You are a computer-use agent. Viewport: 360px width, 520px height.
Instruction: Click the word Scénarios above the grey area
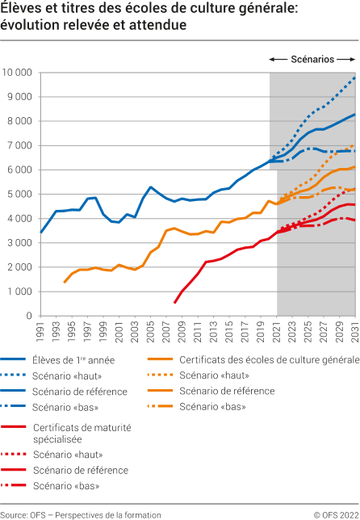(312, 59)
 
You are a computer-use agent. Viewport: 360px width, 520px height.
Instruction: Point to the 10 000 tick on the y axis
(17, 73)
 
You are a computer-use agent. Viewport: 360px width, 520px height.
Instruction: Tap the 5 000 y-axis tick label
(19, 194)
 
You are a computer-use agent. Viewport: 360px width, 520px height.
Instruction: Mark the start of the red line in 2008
(174, 303)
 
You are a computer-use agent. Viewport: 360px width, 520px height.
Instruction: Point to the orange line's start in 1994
(64, 283)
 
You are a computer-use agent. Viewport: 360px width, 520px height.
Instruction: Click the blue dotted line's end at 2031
(355, 77)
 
